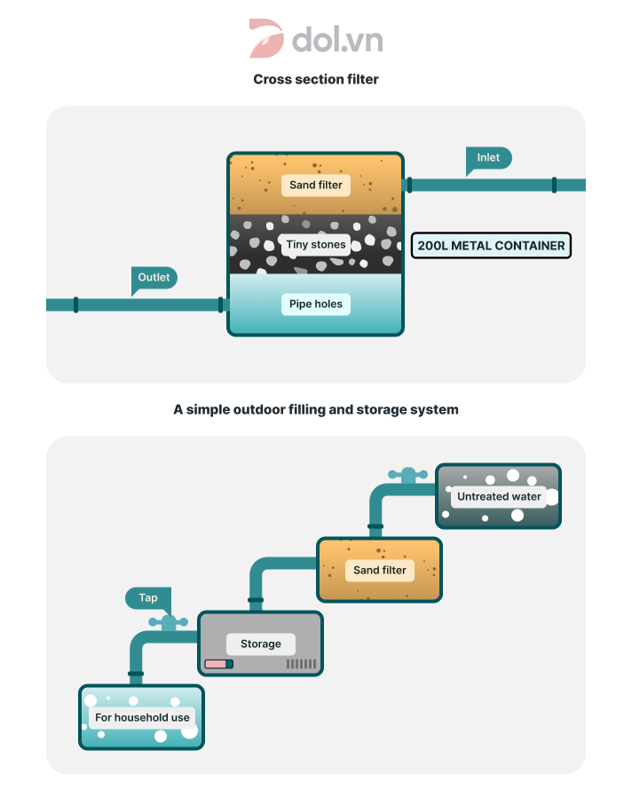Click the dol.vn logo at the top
(315, 39)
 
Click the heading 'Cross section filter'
(316, 79)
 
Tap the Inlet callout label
(488, 158)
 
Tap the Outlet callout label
(154, 278)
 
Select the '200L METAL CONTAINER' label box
(491, 245)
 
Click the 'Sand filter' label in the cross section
(316, 186)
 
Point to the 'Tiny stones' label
(316, 244)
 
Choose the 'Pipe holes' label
(316, 304)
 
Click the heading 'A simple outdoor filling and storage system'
(316, 410)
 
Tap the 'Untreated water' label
(499, 496)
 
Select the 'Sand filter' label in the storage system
(380, 570)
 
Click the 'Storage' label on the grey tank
(260, 644)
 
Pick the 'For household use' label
(142, 717)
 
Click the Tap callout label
(147, 597)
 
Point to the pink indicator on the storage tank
(215, 664)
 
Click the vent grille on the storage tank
(301, 664)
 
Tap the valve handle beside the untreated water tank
(407, 475)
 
